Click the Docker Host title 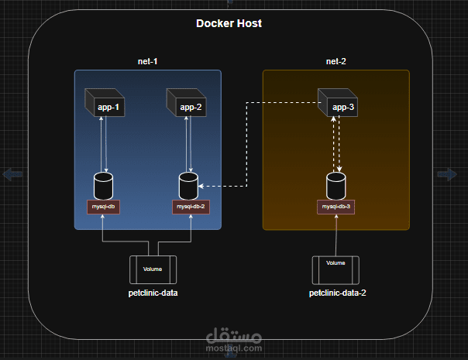click(x=229, y=23)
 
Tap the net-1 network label click(x=147, y=61)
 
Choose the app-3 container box click(x=339, y=104)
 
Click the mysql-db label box click(x=103, y=207)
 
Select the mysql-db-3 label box click(x=336, y=207)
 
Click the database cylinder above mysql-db click(x=103, y=186)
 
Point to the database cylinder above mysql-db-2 click(x=188, y=186)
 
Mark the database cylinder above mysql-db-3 click(x=336, y=186)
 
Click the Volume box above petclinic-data click(x=153, y=269)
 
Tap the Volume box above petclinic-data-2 click(x=336, y=269)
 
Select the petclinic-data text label click(x=153, y=293)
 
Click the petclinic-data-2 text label click(x=336, y=293)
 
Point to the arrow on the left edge click(x=12, y=174)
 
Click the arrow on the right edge click(x=447, y=174)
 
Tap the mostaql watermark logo click(x=234, y=338)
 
